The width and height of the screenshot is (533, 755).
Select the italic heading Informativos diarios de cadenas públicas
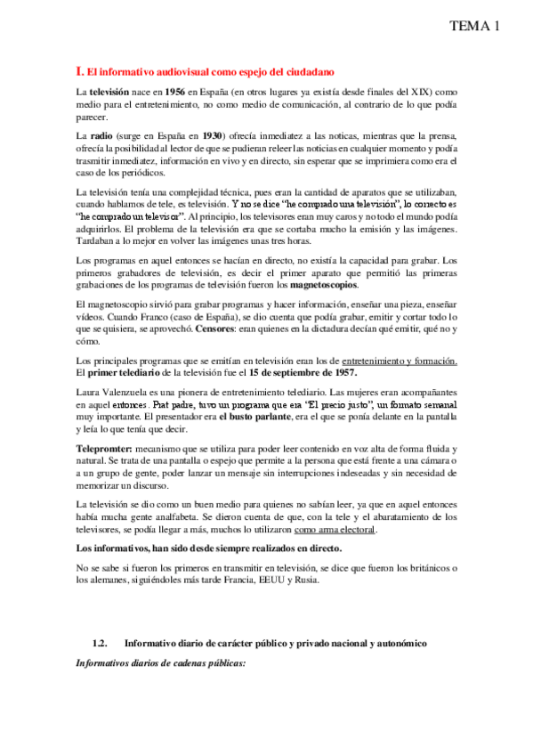(x=161, y=663)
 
